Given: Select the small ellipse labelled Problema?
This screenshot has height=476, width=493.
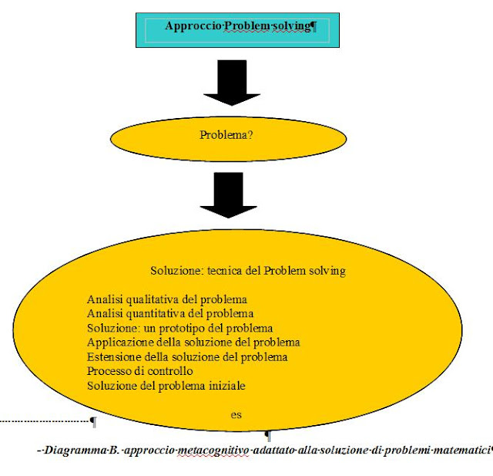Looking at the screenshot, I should coord(227,136).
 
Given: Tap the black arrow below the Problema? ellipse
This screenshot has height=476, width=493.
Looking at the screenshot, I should coord(227,194).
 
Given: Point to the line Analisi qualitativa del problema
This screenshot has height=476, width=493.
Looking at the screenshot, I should coord(167,299).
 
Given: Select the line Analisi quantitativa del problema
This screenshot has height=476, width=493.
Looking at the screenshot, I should coord(170,313).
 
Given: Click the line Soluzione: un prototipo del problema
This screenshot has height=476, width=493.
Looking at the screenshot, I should coord(180,328).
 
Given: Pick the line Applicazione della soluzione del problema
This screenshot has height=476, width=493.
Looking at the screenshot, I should coord(193,342).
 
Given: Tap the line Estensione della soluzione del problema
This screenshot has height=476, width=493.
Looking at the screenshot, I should coord(187,356).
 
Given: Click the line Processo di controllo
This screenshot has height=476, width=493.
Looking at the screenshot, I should coord(140,371).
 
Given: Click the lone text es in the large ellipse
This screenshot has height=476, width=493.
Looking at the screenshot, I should coord(236,414).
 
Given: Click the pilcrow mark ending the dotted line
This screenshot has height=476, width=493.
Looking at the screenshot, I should coord(93,421).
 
